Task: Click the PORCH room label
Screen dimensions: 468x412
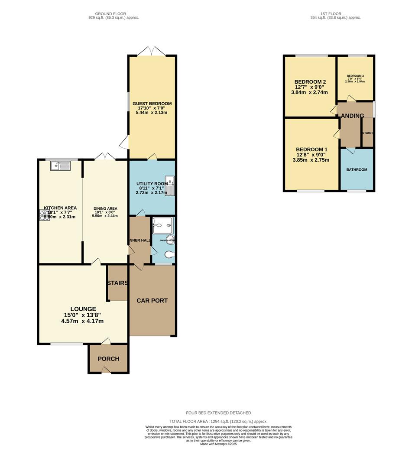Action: tap(108, 359)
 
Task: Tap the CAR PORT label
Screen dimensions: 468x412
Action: tap(152, 300)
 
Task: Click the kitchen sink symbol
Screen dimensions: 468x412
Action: tap(60, 165)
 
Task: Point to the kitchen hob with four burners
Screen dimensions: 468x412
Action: tap(45, 215)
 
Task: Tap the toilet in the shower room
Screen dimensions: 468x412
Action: tap(169, 254)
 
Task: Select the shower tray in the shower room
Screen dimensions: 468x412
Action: tap(163, 225)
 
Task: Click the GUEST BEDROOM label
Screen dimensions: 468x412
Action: tap(152, 104)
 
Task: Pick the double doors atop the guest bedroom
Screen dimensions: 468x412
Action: tap(151, 51)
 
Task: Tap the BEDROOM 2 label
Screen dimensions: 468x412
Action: tap(310, 82)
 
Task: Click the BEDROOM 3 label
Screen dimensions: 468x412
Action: tap(355, 76)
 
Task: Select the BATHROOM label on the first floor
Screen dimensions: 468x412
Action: tap(357, 170)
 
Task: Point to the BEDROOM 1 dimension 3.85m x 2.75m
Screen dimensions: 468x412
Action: tap(311, 160)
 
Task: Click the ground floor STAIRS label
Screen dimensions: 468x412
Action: tap(117, 283)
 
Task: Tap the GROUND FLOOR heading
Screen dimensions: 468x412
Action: tap(113, 13)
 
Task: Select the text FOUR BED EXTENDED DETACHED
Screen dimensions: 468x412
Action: tap(218, 413)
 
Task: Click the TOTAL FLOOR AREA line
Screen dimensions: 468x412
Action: tap(218, 421)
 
